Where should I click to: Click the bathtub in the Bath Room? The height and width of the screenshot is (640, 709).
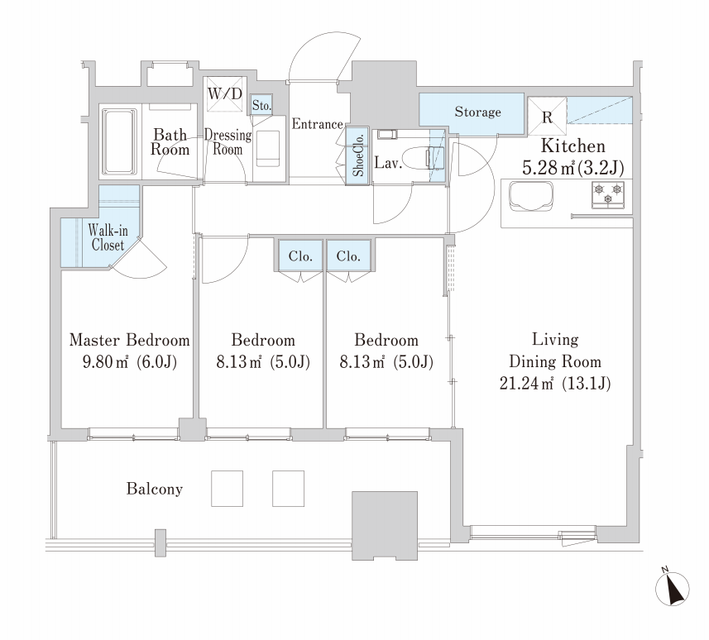(x=119, y=141)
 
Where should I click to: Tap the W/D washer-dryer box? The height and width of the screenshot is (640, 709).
(x=225, y=94)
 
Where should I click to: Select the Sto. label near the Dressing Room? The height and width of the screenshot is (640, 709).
(x=261, y=105)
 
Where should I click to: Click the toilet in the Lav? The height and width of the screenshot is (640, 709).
(x=423, y=158)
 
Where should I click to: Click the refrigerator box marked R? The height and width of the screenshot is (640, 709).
(x=547, y=116)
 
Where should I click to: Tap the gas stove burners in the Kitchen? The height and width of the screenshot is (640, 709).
(x=608, y=195)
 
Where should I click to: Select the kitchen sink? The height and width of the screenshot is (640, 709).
(x=531, y=196)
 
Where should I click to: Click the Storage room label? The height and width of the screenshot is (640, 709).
(x=477, y=112)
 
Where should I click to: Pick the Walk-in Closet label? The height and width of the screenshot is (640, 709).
(x=108, y=237)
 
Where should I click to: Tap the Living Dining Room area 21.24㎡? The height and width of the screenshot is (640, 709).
(x=526, y=384)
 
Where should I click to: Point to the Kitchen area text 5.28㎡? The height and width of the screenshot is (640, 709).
(x=549, y=168)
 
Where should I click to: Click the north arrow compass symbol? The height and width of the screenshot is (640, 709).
(x=673, y=589)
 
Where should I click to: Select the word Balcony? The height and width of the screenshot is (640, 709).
(x=155, y=489)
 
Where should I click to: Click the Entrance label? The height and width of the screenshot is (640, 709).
(x=317, y=124)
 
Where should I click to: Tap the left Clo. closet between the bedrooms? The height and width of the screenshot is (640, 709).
(x=300, y=256)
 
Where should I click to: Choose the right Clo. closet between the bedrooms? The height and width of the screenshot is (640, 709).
(x=348, y=256)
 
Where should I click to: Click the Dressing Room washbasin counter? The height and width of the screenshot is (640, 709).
(x=269, y=149)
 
